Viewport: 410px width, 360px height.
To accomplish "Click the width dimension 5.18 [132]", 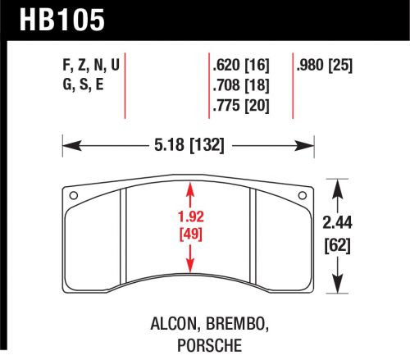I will pyautogui.click(x=189, y=148).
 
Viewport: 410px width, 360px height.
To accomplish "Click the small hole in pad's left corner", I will pyautogui.click(x=73, y=195).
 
